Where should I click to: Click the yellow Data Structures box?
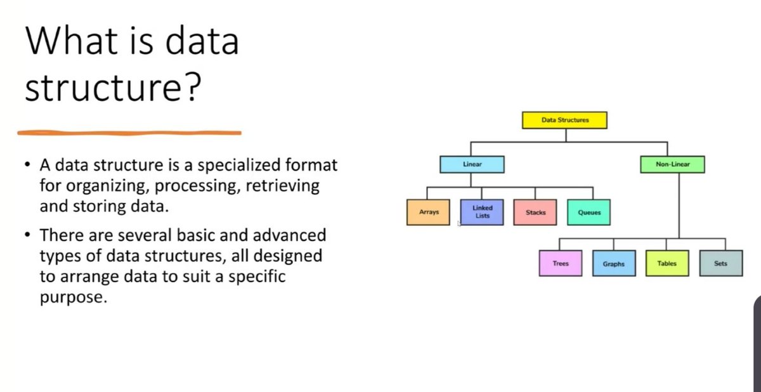564,120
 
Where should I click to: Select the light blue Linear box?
472,164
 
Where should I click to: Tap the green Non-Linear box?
672,164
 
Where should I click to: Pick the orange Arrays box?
429,212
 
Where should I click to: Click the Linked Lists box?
482,212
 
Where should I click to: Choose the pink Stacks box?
535,212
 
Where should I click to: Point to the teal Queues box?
589,212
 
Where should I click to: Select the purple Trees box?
561,263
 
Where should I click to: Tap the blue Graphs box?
614,263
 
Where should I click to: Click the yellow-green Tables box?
667,263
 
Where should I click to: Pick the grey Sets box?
720,263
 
